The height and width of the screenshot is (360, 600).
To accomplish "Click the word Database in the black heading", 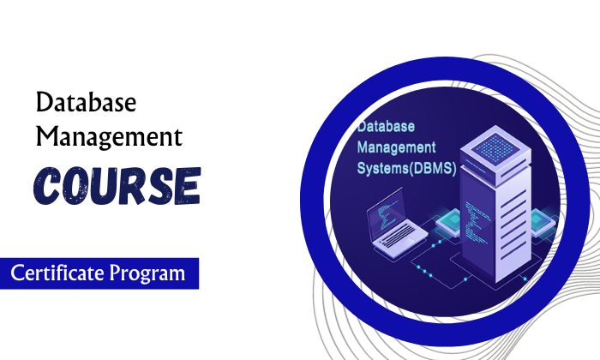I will pyautogui.click(x=86, y=105).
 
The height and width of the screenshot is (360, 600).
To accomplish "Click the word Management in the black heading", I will pyautogui.click(x=109, y=136).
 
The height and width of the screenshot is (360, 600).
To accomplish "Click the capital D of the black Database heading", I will pyautogui.click(x=44, y=105).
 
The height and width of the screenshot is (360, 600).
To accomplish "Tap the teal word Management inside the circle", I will pyautogui.click(x=396, y=147).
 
